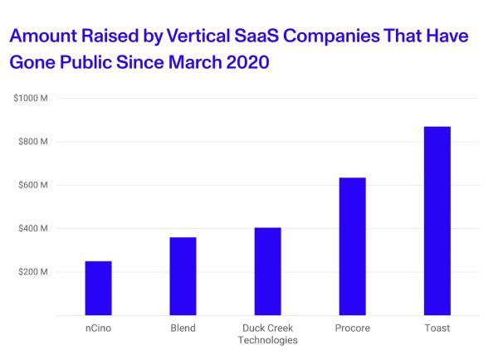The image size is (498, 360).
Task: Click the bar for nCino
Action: (98, 288)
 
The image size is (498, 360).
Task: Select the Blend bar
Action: (183, 275)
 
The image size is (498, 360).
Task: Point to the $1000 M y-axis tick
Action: (31, 99)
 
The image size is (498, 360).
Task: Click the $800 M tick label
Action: (33, 142)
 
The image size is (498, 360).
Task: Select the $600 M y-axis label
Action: (33, 185)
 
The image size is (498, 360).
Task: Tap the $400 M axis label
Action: (33, 228)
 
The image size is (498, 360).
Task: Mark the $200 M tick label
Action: (33, 272)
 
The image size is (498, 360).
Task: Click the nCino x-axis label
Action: (98, 328)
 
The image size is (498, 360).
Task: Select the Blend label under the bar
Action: (183, 328)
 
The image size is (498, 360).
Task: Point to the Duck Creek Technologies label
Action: (267, 334)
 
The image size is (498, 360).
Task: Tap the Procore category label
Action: (352, 328)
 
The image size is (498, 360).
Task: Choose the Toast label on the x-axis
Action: (437, 328)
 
